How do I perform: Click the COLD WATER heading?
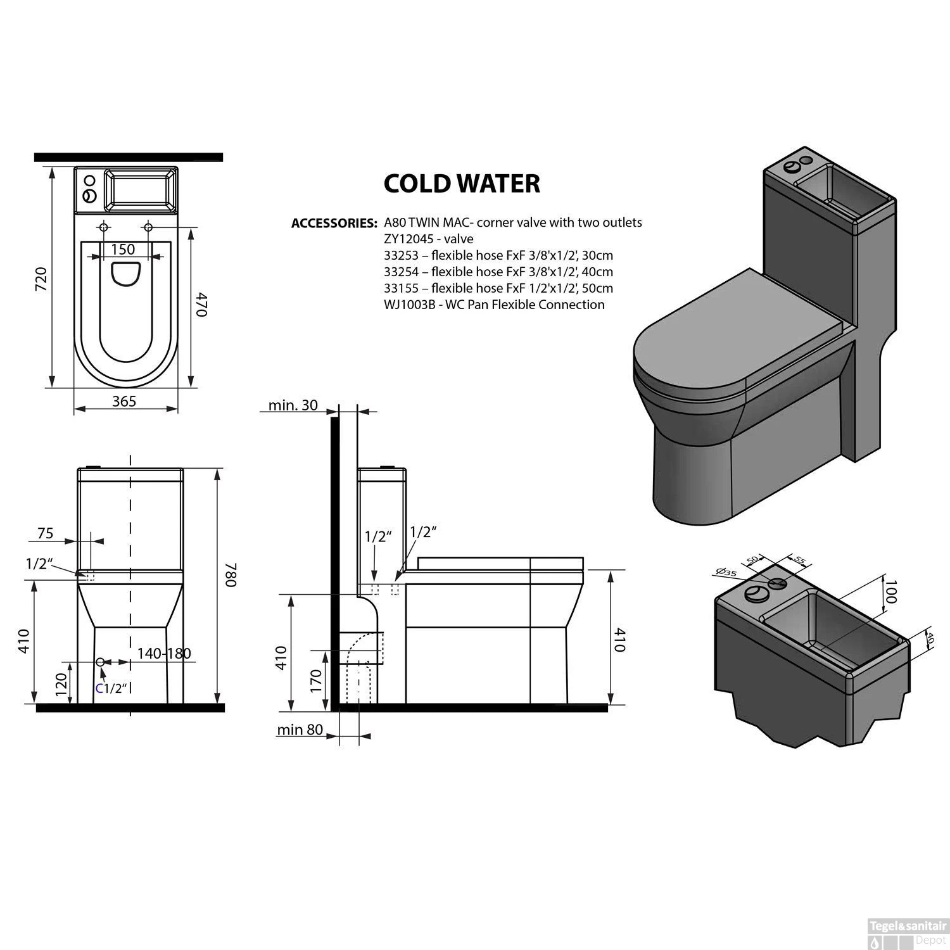462,183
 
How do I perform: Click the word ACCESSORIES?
334,223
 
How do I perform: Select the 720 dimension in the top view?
40,279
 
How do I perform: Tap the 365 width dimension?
124,401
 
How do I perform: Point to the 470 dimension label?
201,304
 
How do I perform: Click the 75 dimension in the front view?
45,533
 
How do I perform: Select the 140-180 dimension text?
165,653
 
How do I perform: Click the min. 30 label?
293,405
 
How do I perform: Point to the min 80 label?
300,730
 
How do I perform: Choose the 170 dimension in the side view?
317,682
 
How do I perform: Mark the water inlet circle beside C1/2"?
100,662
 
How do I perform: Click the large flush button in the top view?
89,196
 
